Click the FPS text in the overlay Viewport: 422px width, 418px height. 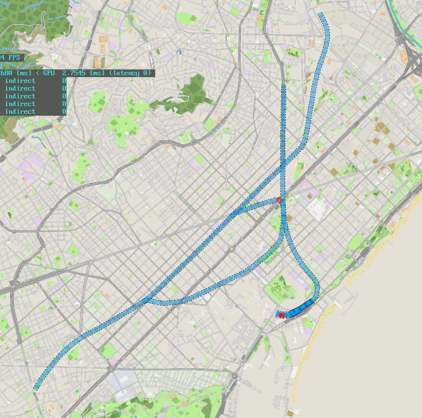point(12,57)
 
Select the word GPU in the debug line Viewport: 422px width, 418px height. point(48,73)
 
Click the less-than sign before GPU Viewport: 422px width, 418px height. point(30,73)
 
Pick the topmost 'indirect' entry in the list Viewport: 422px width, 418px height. point(20,81)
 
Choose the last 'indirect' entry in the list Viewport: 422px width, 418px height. point(20,111)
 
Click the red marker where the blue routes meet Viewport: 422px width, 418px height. point(278,200)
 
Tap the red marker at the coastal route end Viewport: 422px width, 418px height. point(281,314)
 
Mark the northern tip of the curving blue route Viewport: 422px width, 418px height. point(321,14)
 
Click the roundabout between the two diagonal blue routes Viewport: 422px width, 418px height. point(231,249)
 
